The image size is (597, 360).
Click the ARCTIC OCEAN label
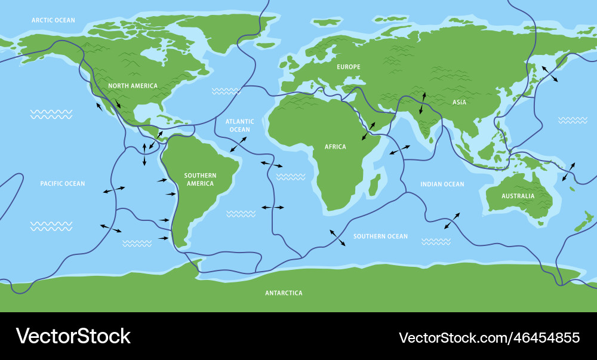[x=53, y=20]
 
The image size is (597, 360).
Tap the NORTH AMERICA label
[x=133, y=86]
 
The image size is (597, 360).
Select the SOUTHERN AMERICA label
[x=200, y=179]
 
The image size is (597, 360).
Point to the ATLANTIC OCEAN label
[x=239, y=125]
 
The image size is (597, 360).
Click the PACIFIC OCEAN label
[x=63, y=184]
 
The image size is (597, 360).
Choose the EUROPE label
[x=348, y=67]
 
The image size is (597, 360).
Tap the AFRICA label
[x=335, y=147]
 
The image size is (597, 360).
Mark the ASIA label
[x=459, y=102]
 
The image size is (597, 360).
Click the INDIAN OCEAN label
[x=442, y=184]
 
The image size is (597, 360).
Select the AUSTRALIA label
[x=518, y=196]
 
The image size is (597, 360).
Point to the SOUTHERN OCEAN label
[x=380, y=236]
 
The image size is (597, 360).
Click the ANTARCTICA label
[x=284, y=293]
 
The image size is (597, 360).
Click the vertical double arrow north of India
[x=423, y=103]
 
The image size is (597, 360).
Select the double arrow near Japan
[x=550, y=74]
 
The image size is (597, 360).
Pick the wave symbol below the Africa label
[x=291, y=177]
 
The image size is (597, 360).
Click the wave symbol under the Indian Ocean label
[x=436, y=242]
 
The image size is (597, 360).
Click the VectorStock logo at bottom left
[x=73, y=336]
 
